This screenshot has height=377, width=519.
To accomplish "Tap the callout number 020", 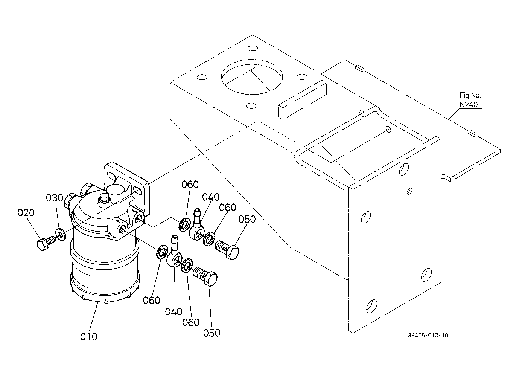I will [26, 213].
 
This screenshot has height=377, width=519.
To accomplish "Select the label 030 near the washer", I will [55, 198].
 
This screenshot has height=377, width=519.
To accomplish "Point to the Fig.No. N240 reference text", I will [470, 100].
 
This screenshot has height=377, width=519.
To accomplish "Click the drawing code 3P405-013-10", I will [428, 336].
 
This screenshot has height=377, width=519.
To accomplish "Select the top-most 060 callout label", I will [190, 185].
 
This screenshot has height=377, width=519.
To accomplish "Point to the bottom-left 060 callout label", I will [151, 301].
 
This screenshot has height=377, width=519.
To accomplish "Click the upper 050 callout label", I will [247, 220].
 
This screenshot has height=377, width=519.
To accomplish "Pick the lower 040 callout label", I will [174, 311].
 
